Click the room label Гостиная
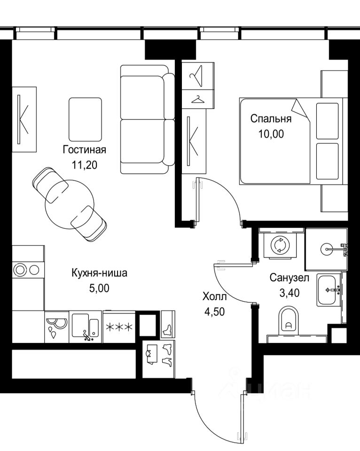tap(85, 150)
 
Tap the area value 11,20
tap(85, 165)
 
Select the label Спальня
tap(271, 118)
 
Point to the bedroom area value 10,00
tap(271, 134)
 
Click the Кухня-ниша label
tap(99, 272)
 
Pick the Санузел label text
tap(290, 278)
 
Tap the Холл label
tap(215, 296)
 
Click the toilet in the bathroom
tap(289, 321)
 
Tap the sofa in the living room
tap(148, 119)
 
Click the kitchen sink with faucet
tap(85, 327)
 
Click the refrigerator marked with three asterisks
tap(119, 327)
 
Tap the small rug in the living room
tap(85, 119)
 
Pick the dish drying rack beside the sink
tap(57, 327)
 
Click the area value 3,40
tap(290, 293)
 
